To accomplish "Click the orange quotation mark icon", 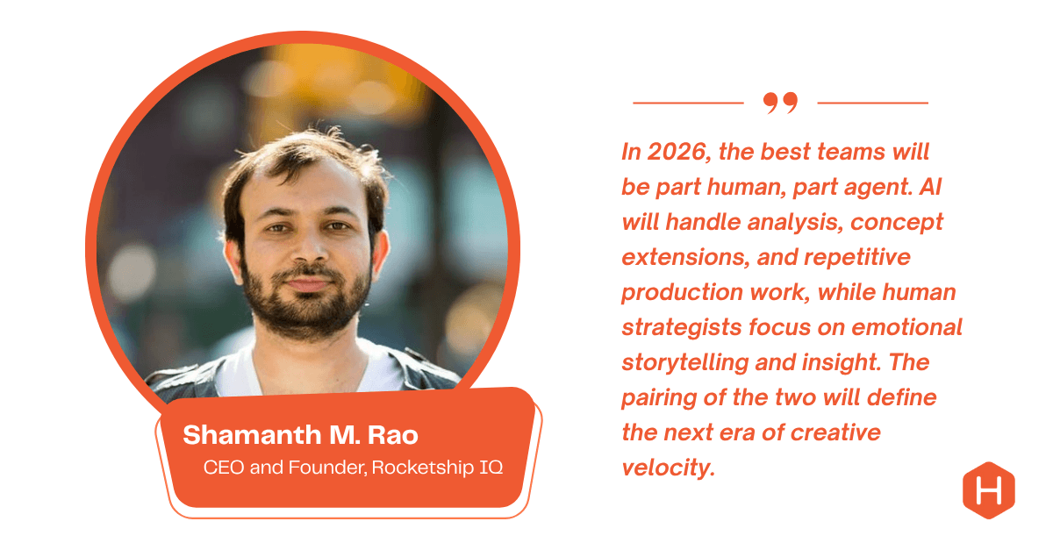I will coord(780,104).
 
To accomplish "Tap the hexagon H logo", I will coord(988,489).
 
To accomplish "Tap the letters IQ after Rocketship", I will coord(489,467).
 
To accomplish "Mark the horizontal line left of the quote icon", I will coord(688,103).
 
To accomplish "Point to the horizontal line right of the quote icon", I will coord(872,103).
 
